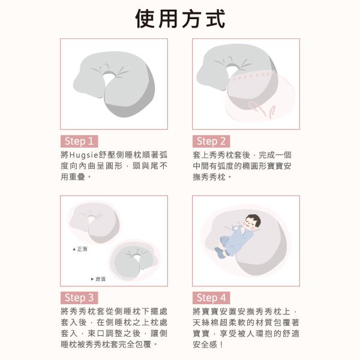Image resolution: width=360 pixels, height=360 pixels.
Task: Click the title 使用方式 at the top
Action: click(180, 19)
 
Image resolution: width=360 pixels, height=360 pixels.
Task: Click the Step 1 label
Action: click(79, 141)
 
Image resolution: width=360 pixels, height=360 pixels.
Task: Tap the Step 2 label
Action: click(211, 141)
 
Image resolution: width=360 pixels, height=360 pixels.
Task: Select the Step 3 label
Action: click(79, 298)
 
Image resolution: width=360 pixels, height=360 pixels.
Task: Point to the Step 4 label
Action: click(211, 298)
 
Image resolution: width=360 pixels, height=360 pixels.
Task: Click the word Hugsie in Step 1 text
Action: click(84, 155)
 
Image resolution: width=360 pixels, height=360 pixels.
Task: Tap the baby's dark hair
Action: click(254, 218)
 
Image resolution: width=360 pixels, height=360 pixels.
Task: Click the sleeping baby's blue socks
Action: click(221, 253)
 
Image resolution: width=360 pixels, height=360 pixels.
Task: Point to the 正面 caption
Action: click(82, 249)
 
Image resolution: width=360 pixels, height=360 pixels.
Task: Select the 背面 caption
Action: click(100, 279)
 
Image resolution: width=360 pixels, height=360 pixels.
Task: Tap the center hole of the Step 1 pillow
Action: click(109, 76)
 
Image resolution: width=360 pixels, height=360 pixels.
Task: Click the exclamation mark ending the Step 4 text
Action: click(221, 344)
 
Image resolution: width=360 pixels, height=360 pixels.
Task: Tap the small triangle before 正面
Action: click(74, 249)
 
